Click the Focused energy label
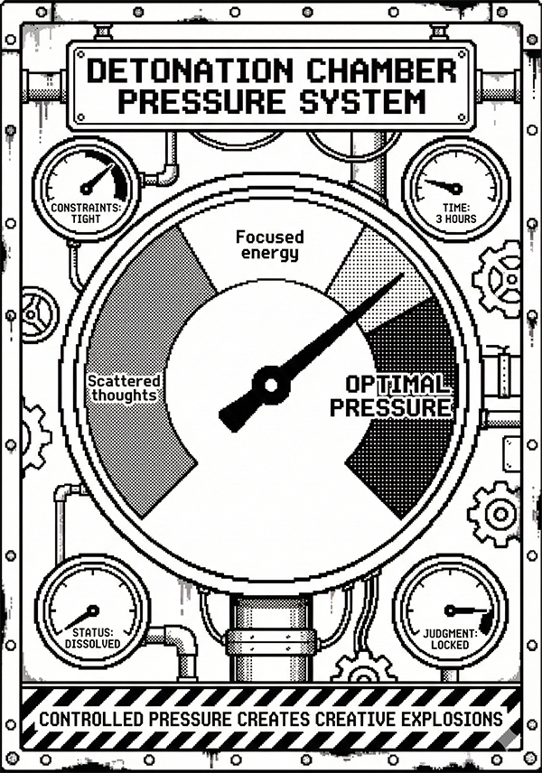pyautogui.click(x=269, y=244)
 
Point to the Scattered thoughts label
pyautogui.click(x=124, y=388)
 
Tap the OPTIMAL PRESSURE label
pyautogui.click(x=389, y=396)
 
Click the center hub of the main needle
pyautogui.click(x=269, y=384)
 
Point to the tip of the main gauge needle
pyautogui.click(x=401, y=275)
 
